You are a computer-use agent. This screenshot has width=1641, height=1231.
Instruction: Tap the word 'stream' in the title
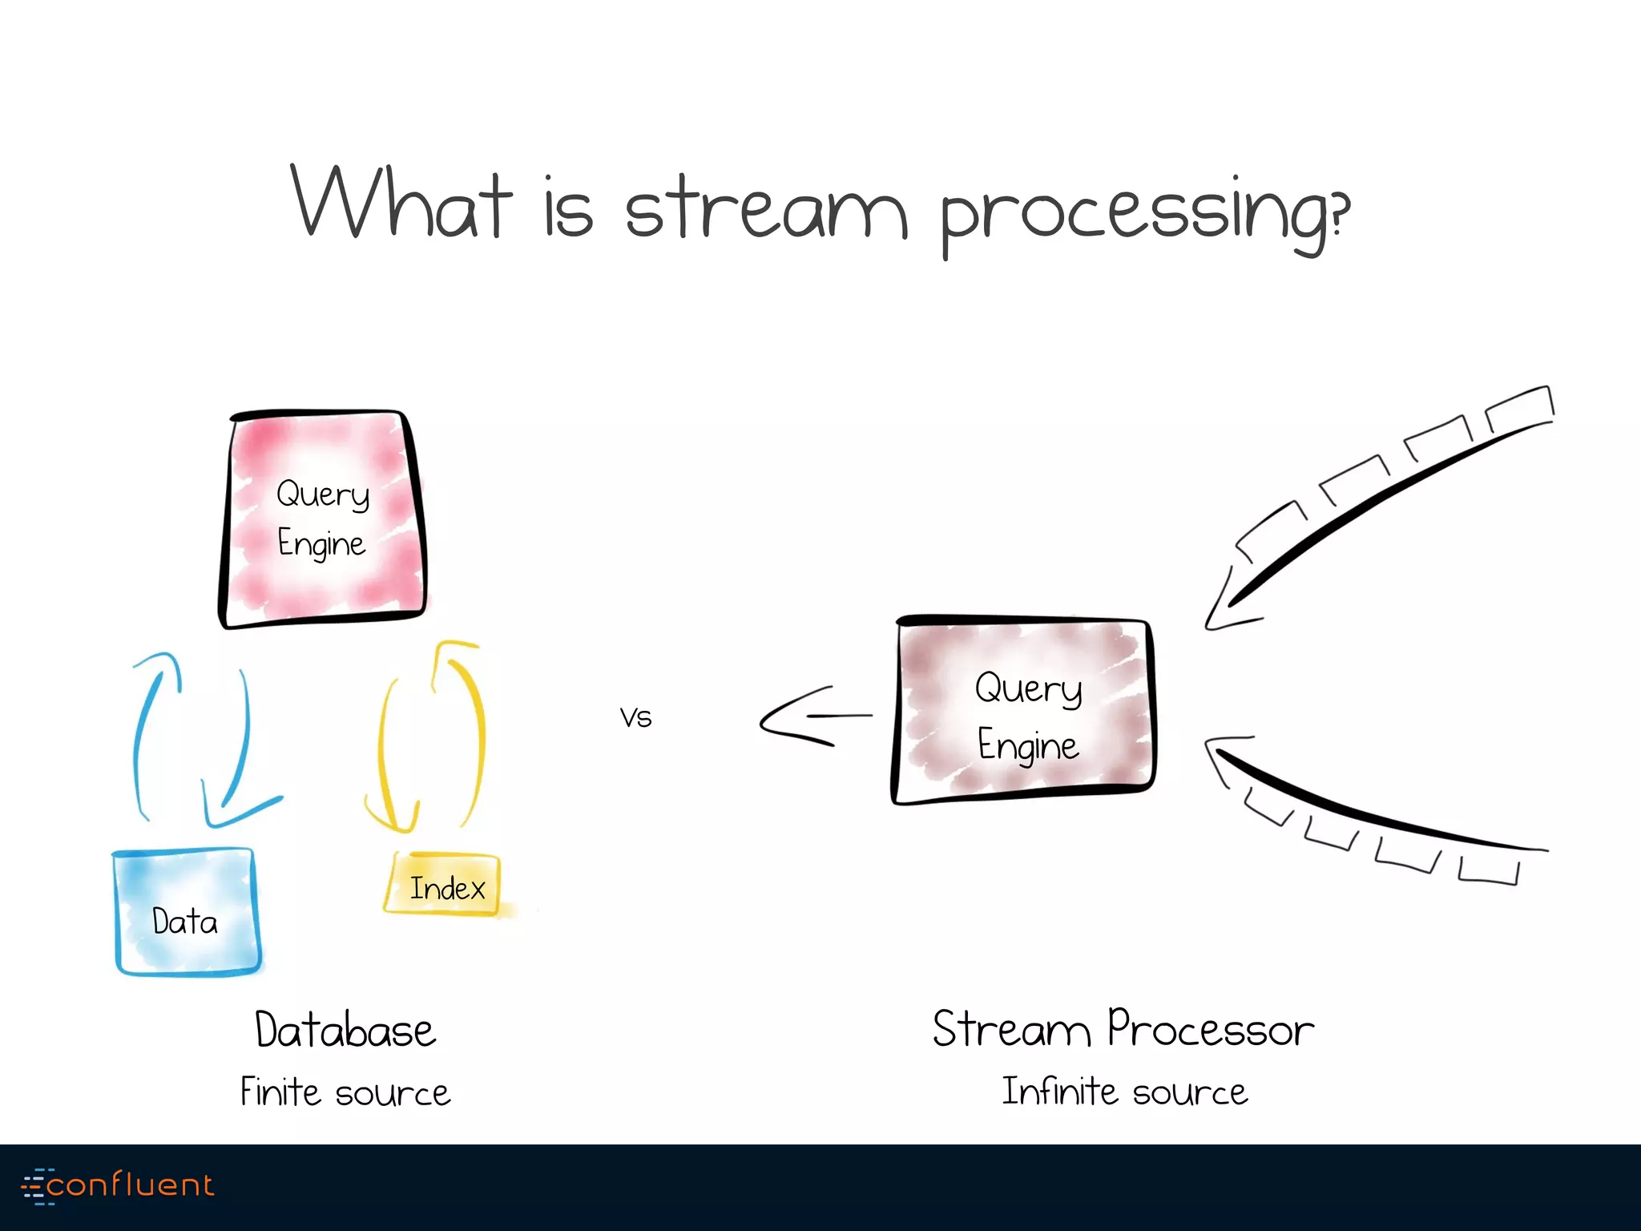click(x=765, y=208)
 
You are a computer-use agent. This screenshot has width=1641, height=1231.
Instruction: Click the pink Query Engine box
click(x=322, y=519)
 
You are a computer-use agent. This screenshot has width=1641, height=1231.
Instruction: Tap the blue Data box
click(x=186, y=914)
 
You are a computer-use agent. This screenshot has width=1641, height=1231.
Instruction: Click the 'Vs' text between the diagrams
click(x=635, y=717)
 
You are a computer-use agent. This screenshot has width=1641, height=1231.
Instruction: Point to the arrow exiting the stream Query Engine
click(x=809, y=716)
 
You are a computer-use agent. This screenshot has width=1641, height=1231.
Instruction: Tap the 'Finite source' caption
click(x=345, y=1092)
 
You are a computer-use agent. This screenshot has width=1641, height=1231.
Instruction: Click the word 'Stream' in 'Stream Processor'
click(x=1011, y=1029)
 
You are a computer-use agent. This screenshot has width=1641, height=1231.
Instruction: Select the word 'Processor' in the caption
click(x=1210, y=1029)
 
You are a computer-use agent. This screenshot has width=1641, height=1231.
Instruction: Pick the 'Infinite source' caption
click(x=1124, y=1092)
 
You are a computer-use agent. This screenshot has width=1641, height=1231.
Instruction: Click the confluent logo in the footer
click(x=119, y=1185)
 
